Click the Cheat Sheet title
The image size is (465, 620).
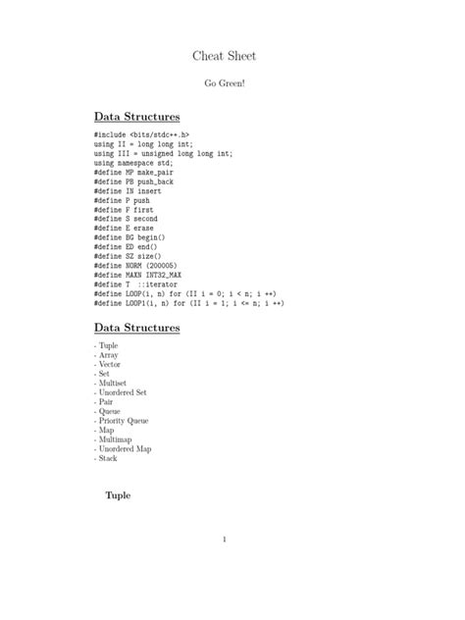[x=225, y=57]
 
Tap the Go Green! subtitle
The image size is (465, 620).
[x=225, y=84]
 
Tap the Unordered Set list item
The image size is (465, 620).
[x=121, y=392]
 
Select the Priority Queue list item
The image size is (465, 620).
[x=122, y=420]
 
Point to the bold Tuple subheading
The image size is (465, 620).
[x=118, y=495]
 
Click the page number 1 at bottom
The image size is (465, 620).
[x=225, y=539]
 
